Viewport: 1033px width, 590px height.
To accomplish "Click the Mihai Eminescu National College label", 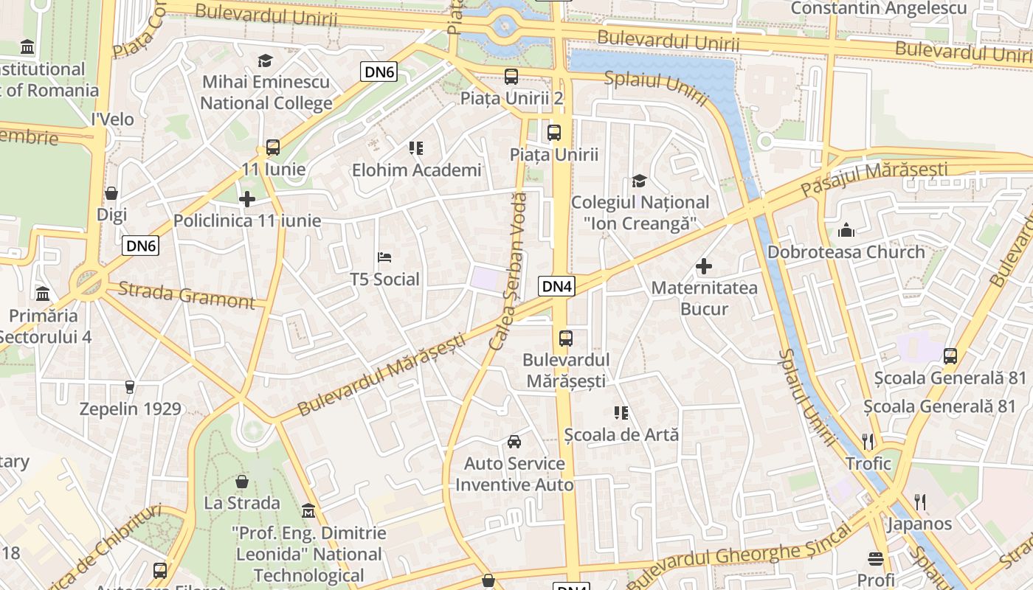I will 266,92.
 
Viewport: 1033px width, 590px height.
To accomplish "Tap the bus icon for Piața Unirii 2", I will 511,76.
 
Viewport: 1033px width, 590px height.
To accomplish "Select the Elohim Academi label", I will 416,170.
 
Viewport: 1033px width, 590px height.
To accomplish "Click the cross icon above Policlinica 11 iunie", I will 247,199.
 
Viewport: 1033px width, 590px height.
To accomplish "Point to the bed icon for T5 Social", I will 384,257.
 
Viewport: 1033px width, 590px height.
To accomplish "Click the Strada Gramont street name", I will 186,294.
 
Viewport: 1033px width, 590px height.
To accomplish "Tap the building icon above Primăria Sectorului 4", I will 43,294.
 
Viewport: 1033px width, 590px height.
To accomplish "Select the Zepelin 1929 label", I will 130,409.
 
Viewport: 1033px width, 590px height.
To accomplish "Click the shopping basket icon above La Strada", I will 241,482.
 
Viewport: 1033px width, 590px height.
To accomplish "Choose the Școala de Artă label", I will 621,434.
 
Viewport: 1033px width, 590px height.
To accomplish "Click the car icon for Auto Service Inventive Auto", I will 514,442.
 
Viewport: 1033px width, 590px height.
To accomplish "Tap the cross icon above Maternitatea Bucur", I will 704,266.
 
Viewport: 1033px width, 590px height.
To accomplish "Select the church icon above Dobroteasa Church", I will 846,230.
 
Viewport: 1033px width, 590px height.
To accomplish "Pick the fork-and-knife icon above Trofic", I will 868,442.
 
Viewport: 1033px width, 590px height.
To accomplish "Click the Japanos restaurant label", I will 919,524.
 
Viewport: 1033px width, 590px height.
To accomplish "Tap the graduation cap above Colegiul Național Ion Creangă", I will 639,181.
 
